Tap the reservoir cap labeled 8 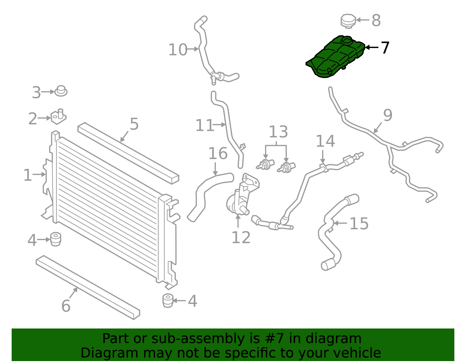(x=348, y=21)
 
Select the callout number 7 (x=385, y=48)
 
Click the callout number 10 (x=178, y=50)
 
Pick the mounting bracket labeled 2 (x=59, y=117)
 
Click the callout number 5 (x=134, y=124)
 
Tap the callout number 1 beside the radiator (x=27, y=175)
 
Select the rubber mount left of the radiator (x=55, y=239)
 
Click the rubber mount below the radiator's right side (x=168, y=300)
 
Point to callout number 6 (x=66, y=306)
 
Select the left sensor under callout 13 (x=265, y=165)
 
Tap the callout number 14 (x=325, y=141)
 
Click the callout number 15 (x=359, y=224)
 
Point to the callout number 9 (x=388, y=115)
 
